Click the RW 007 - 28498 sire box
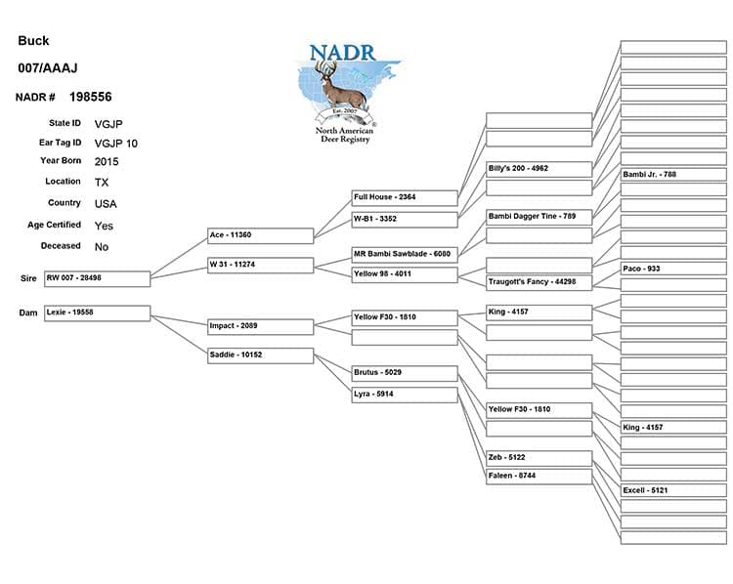(97, 278)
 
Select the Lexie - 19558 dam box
(97, 313)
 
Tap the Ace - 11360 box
(260, 235)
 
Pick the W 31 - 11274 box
(260, 265)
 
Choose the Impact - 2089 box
(260, 325)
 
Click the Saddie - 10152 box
(260, 355)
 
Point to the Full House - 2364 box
(405, 197)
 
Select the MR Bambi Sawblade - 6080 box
(405, 255)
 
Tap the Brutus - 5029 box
(405, 373)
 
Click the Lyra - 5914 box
(405, 395)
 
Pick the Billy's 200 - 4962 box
(539, 169)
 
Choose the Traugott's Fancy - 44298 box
(539, 282)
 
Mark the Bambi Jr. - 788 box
(673, 175)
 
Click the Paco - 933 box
(673, 269)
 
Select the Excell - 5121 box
(673, 490)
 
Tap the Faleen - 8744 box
(539, 476)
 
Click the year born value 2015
(108, 161)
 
